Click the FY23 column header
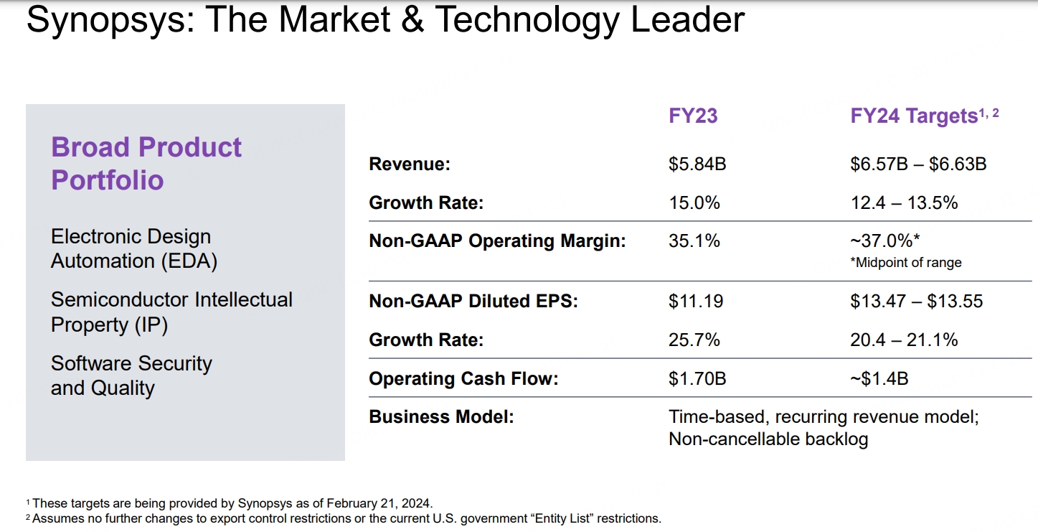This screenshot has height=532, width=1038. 692,116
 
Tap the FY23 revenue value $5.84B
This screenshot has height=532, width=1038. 697,164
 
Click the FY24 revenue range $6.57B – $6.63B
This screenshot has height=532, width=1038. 918,164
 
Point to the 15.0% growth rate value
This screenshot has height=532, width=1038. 694,203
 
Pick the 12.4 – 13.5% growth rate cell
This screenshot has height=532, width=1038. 904,203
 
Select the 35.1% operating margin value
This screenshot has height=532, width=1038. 694,241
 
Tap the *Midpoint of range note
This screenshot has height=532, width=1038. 906,263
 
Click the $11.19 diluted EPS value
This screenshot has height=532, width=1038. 696,302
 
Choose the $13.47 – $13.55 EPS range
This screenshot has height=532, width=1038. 916,302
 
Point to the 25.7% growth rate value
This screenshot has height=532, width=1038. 694,340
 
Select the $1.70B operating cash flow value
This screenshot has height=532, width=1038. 697,378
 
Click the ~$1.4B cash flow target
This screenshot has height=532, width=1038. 879,378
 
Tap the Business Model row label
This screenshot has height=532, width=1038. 441,417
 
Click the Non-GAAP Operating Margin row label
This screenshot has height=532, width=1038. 497,241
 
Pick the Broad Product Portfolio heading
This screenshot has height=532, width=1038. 146,163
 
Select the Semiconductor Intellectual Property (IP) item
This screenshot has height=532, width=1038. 171,312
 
